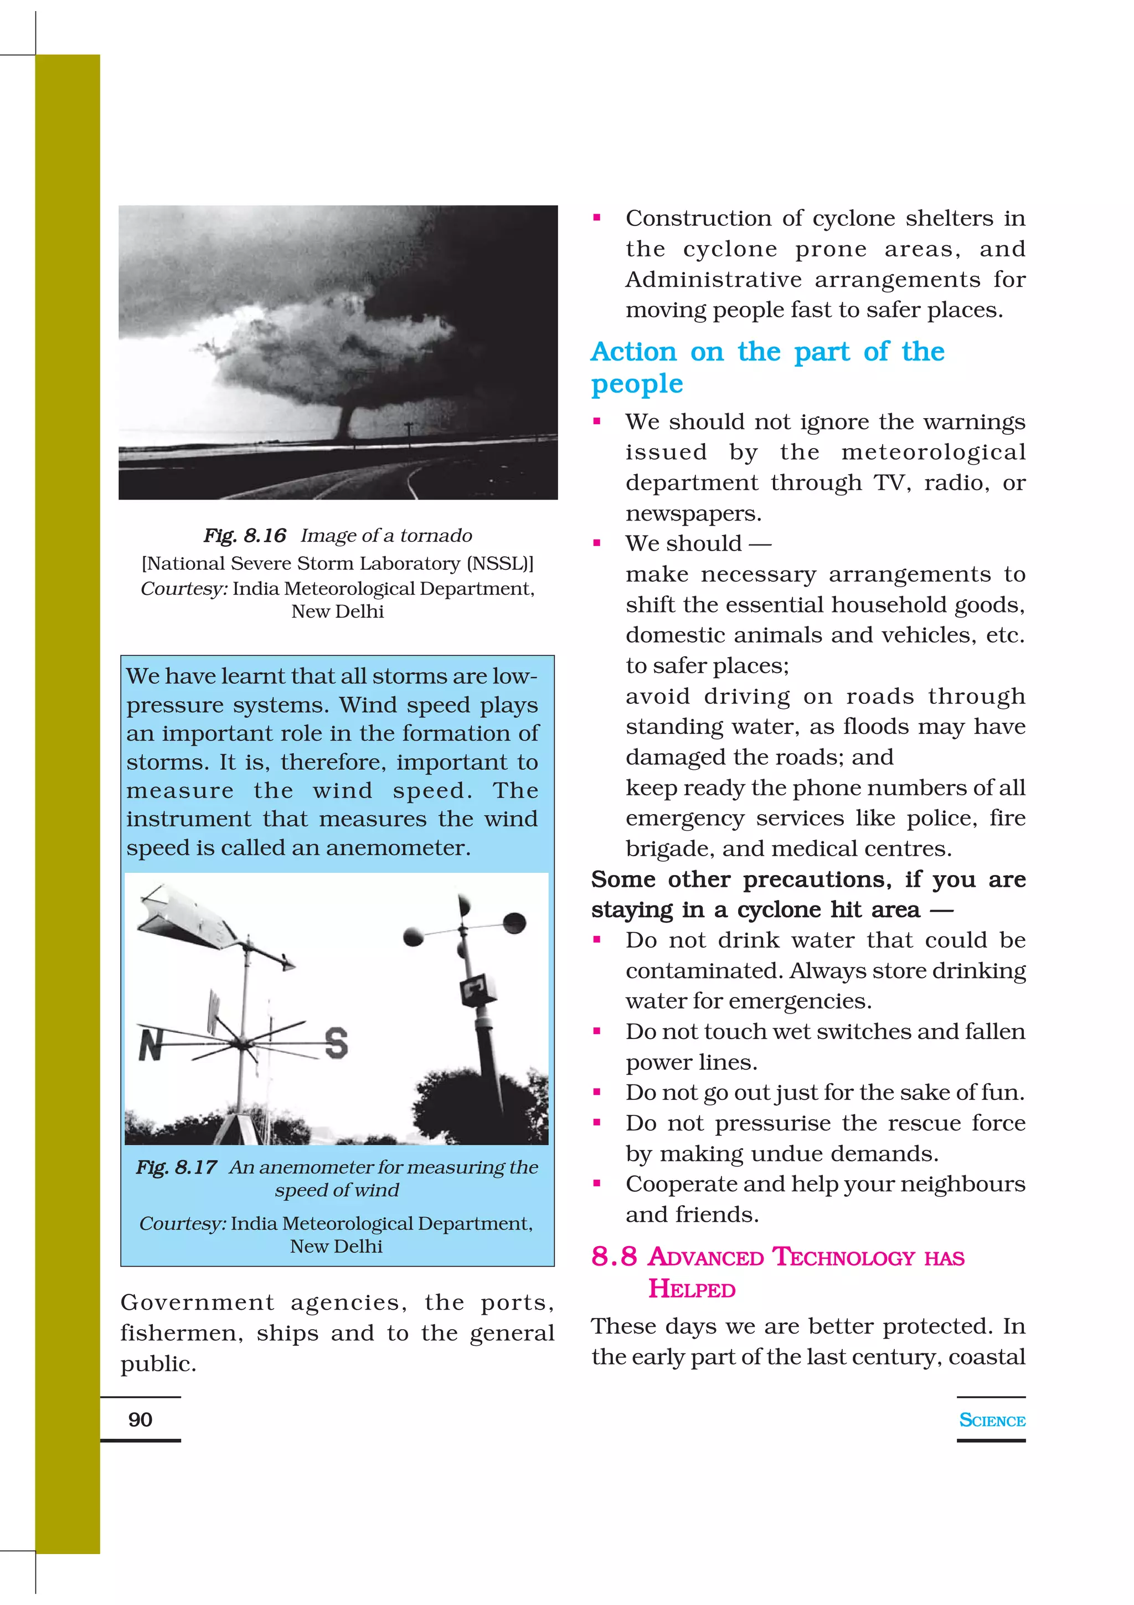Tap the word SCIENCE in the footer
[x=992, y=1420]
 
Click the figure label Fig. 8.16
[x=245, y=536]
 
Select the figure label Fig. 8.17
[x=176, y=1167]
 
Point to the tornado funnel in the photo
[x=346, y=419]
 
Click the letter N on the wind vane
[x=150, y=1045]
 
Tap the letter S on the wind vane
[x=336, y=1043]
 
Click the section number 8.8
[x=614, y=1256]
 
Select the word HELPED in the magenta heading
[x=691, y=1288]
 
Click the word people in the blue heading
[x=637, y=384]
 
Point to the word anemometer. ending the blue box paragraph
[x=398, y=847]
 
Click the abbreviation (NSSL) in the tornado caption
[x=498, y=563]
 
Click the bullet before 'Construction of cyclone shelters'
[x=597, y=218]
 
